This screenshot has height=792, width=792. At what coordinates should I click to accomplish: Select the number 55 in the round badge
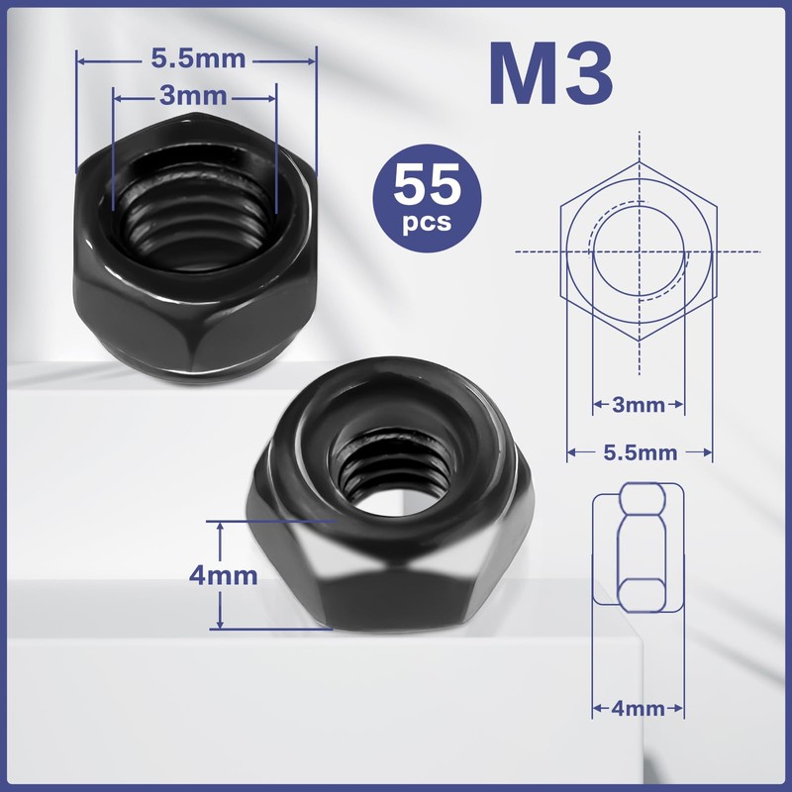[x=428, y=184]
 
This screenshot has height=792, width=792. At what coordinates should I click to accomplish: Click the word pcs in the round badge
[x=428, y=222]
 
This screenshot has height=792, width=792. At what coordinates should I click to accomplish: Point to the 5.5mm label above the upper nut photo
[x=198, y=58]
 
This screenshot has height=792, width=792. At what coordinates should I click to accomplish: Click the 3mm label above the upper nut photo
[x=194, y=96]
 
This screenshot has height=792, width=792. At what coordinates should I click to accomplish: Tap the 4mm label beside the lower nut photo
[x=223, y=574]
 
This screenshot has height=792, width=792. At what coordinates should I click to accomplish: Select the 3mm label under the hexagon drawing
[x=639, y=405]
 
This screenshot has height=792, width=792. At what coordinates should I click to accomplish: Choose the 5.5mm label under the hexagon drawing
[x=640, y=452]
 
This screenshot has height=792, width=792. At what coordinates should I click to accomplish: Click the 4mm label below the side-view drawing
[x=639, y=709]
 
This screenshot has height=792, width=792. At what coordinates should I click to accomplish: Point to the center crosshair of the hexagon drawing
[x=639, y=250]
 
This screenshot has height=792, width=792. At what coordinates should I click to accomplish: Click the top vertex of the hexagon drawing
[x=639, y=160]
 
